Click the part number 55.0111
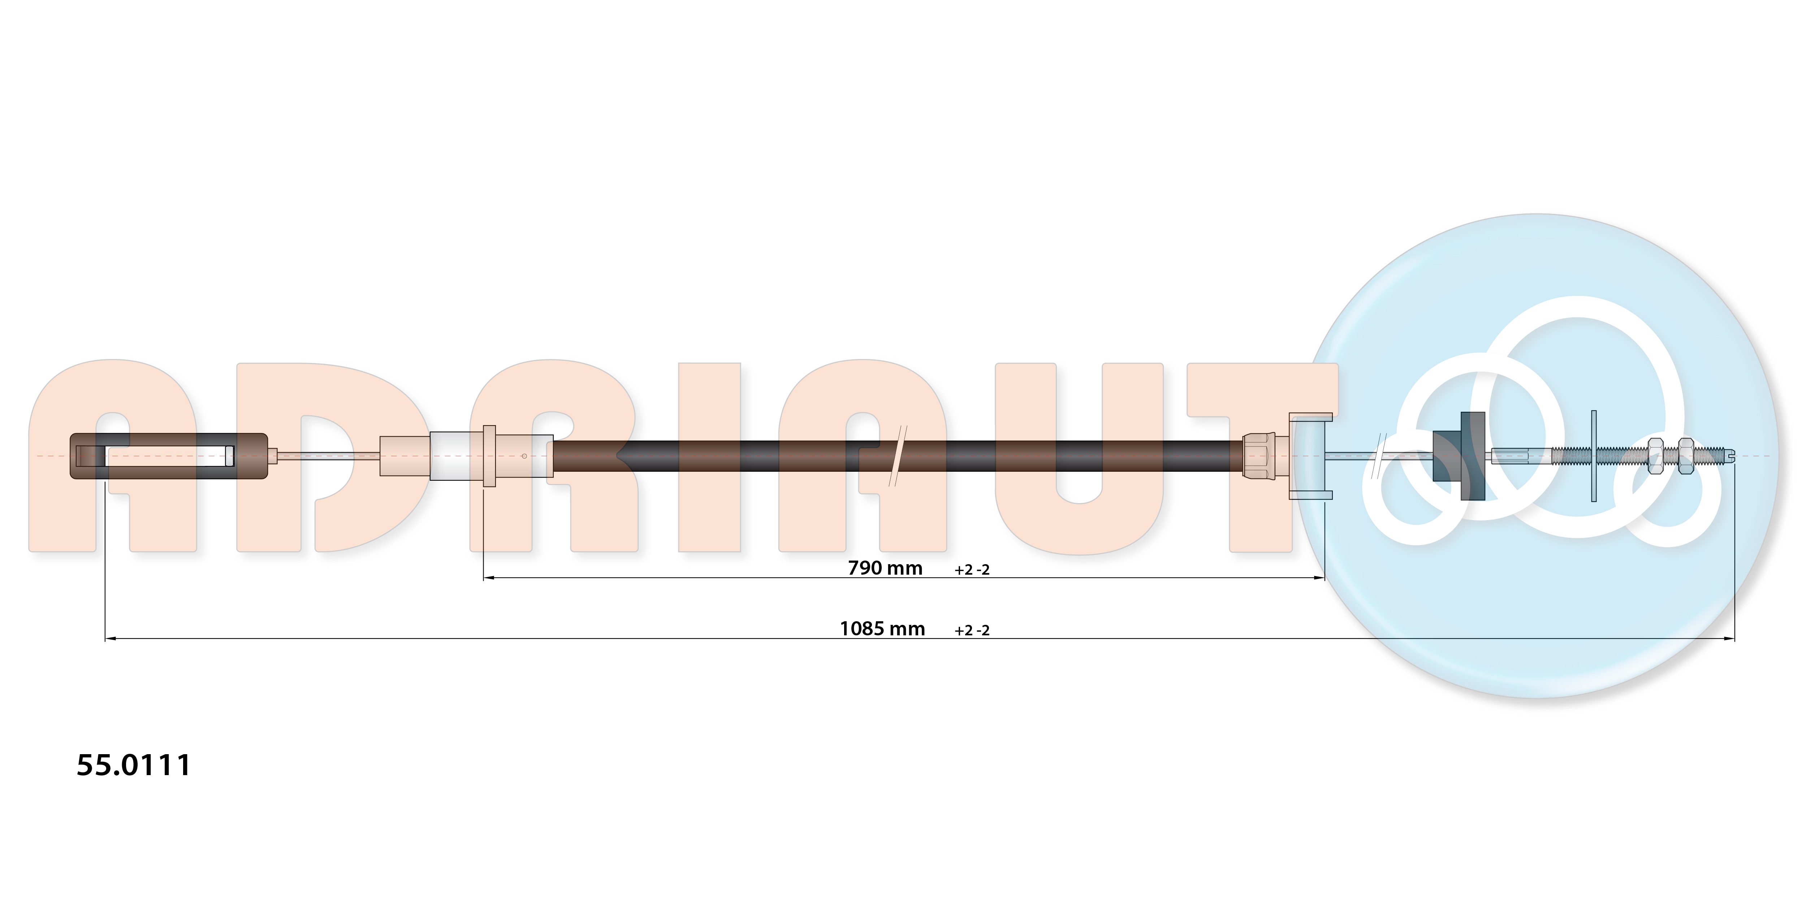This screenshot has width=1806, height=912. point(133,765)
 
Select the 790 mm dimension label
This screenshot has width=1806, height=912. point(885,568)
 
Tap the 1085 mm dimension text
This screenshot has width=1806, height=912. point(882,629)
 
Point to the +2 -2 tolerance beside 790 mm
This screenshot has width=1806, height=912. point(972,570)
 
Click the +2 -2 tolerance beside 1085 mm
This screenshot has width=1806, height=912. point(972,630)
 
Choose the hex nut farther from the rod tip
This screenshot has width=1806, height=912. point(1655,456)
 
